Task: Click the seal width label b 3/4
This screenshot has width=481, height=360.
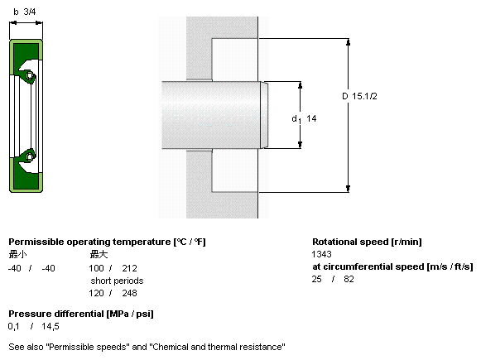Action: [x=25, y=12]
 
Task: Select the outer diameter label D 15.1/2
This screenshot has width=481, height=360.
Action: [x=359, y=96]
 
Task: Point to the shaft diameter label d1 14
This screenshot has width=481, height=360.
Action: [x=304, y=118]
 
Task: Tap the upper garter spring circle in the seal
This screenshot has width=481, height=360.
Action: [x=30, y=75]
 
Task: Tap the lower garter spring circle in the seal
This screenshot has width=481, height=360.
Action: [x=30, y=156]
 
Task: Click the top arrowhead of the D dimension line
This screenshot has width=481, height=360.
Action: [x=348, y=42]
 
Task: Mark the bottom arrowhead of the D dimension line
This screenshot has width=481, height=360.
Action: [x=348, y=189]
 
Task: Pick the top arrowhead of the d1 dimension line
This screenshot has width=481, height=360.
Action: [x=300, y=85]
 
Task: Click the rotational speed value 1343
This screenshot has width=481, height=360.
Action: [x=321, y=254]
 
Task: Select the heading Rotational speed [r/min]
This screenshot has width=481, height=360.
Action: [x=367, y=242]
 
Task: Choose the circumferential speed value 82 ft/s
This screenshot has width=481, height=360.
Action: [x=349, y=279]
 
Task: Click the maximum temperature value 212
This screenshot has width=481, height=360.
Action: [x=129, y=268]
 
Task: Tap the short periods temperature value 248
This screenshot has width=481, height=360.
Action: [x=129, y=293]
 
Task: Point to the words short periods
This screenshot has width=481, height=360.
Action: [x=117, y=281]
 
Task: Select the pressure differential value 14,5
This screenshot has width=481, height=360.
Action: [x=51, y=327]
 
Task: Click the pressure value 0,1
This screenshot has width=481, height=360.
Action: [x=14, y=327]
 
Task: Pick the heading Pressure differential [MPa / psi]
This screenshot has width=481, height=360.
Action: [x=81, y=314]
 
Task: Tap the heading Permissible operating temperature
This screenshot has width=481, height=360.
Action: [x=89, y=242]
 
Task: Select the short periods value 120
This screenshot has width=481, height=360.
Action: [x=96, y=293]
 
